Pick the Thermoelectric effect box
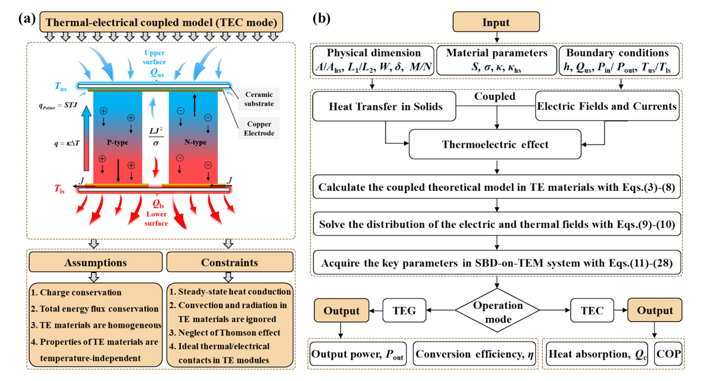tap(495, 144)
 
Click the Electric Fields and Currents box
tap(607, 106)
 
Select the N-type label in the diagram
tap(195, 142)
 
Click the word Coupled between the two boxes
tap(495, 97)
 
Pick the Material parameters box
tap(497, 60)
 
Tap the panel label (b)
tap(321, 19)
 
